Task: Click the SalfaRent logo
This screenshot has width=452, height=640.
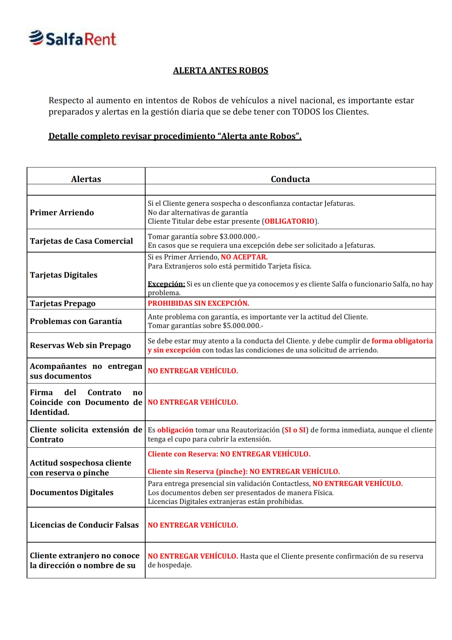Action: (72, 38)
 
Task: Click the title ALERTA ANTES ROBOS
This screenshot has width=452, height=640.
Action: (220, 70)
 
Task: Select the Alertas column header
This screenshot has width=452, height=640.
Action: (86, 179)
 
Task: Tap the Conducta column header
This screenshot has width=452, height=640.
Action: (290, 179)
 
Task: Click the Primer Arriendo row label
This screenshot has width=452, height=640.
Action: (62, 212)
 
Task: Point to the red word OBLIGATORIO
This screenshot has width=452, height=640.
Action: (289, 221)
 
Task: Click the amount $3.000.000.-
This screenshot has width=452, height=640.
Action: (240, 236)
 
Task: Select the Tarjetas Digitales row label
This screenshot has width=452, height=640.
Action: (63, 275)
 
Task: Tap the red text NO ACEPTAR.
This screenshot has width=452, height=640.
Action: (244, 257)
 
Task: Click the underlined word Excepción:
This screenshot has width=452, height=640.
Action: (166, 284)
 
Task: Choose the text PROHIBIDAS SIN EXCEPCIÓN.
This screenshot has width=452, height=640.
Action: (198, 303)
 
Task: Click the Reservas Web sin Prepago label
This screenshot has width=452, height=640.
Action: (80, 345)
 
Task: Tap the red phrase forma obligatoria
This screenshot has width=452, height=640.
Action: (402, 341)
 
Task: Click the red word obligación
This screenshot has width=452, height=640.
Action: (175, 430)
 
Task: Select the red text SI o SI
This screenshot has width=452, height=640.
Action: (295, 430)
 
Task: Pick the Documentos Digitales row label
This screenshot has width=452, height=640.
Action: (72, 492)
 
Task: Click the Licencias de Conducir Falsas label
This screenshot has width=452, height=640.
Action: (84, 525)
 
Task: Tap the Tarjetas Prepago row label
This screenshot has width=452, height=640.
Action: (63, 303)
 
